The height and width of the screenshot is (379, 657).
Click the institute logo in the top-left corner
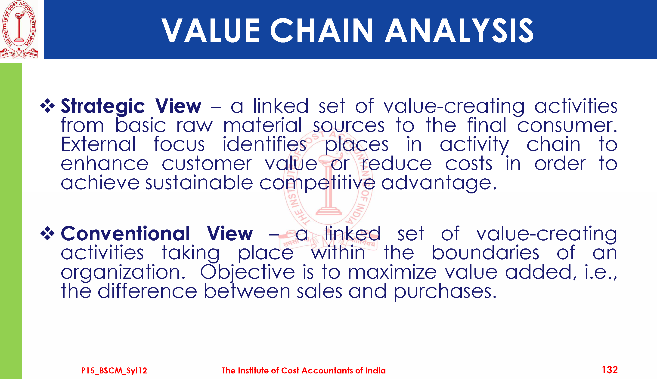coord(19,29)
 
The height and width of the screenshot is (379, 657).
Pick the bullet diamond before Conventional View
coord(47,233)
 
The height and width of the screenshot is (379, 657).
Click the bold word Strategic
coord(103,107)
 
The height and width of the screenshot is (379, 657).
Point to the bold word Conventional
coord(125,233)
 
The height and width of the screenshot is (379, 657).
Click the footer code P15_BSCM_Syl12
coord(114,370)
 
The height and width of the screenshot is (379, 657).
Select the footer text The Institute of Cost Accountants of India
coord(304,370)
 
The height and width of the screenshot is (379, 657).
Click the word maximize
coord(392,272)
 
